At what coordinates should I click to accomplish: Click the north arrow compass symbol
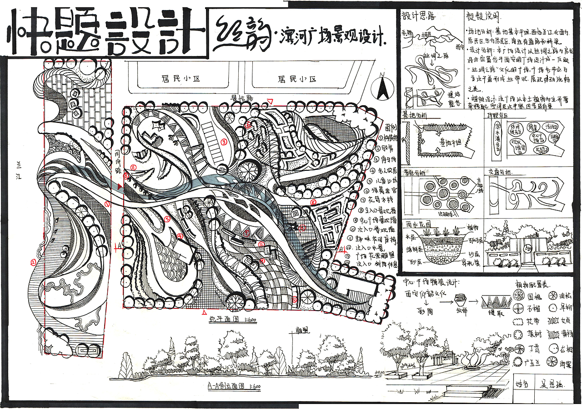[x=382, y=88]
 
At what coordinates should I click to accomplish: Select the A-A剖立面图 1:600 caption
[x=234, y=387]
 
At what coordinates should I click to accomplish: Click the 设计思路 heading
[x=418, y=16]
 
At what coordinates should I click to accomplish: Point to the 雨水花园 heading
[x=416, y=225]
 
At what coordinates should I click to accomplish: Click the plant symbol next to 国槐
[x=518, y=295]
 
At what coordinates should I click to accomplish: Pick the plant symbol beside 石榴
[x=518, y=308]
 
